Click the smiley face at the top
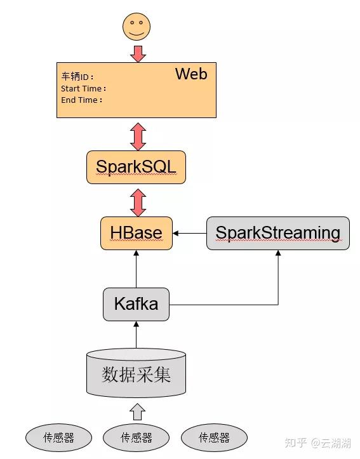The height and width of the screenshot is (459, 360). (137, 27)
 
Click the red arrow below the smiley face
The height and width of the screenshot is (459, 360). (137, 53)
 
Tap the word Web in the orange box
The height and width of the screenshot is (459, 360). (191, 74)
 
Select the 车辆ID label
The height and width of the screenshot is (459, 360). (75, 77)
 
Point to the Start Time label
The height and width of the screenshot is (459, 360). (83, 89)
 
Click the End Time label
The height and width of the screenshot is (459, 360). (81, 100)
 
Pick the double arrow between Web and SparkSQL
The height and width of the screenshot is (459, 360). (137, 135)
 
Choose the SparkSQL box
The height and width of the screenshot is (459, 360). (136, 167)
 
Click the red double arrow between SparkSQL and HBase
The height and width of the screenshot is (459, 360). (137, 201)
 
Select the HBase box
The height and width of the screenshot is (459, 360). (136, 233)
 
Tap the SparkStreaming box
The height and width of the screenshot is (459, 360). (278, 233)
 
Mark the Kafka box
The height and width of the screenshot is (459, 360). (136, 304)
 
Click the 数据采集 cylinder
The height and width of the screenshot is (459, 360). (136, 374)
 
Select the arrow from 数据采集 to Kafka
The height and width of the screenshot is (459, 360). (136, 335)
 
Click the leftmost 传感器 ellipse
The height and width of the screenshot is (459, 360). (58, 438)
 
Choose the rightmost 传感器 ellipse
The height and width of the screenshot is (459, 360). (214, 438)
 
